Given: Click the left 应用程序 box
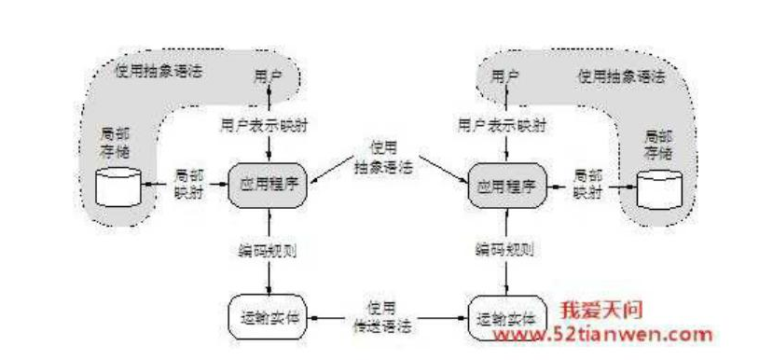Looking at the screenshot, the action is click(x=269, y=186).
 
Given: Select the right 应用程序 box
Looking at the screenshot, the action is click(x=505, y=185).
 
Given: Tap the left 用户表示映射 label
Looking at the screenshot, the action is click(x=267, y=123).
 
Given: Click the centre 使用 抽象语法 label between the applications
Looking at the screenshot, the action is click(x=385, y=159).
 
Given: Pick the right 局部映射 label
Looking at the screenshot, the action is click(x=587, y=183).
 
